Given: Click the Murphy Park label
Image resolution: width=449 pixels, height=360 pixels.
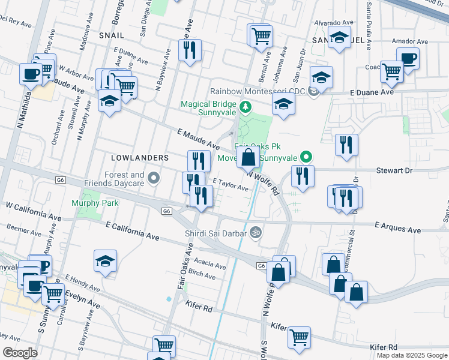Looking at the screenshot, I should [95, 203].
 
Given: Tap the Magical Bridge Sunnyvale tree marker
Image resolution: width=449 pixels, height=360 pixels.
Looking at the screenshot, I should [245, 107].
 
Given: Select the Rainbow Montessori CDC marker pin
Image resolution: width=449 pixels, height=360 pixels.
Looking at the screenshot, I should [313, 91].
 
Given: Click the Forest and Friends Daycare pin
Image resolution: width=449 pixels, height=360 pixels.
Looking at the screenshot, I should [154, 178].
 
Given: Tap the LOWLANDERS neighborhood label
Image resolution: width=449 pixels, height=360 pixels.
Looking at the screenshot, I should [140, 157].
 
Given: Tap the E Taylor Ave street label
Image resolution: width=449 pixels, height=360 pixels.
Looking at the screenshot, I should [231, 184].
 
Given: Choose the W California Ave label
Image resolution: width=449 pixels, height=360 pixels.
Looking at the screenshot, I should [34, 211].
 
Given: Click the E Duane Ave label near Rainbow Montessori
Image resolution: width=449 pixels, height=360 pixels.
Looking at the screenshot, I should [372, 92].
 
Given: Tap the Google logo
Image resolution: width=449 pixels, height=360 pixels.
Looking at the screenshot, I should [19, 352].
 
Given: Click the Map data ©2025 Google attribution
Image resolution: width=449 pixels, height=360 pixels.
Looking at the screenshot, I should [411, 355].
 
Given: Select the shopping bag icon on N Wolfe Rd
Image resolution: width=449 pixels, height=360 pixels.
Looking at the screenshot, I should [248, 158].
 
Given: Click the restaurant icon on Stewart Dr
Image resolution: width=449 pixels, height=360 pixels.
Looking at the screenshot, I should [302, 176].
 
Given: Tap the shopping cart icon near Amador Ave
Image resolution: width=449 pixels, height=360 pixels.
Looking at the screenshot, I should [391, 71].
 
